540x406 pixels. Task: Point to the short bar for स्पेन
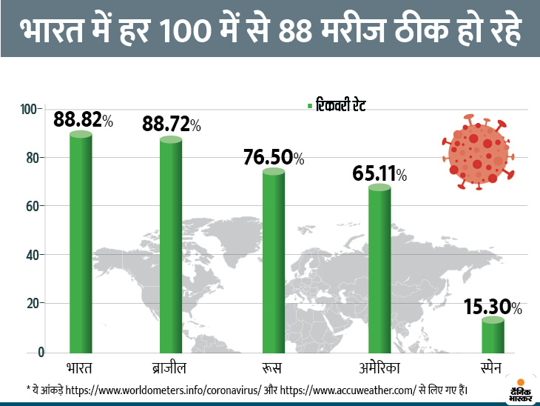[493, 335]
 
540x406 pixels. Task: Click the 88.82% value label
[83, 121]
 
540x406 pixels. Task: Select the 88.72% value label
[172, 124]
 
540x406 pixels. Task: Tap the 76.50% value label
[274, 157]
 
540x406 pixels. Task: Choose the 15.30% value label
[493, 306]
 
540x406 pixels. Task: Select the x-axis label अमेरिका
[379, 368]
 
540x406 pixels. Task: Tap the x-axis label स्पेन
[493, 368]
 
